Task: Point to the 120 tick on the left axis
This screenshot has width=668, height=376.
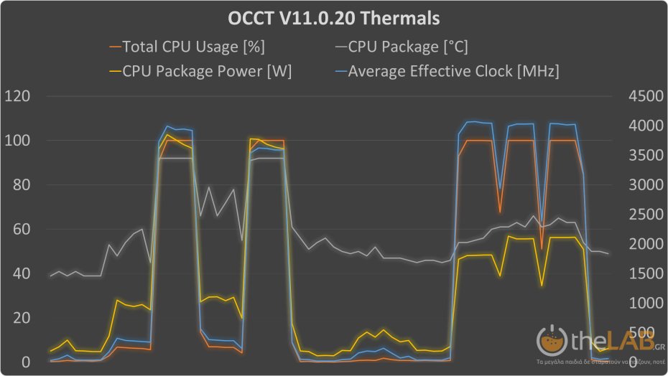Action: click(x=18, y=96)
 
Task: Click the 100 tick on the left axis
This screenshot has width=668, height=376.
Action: click(x=18, y=141)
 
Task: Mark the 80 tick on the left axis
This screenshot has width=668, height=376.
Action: click(x=22, y=185)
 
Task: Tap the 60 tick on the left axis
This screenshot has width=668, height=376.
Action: click(x=22, y=230)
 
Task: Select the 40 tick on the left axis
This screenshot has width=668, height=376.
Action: click(x=22, y=274)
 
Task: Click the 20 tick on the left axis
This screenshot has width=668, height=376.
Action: click(x=22, y=318)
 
